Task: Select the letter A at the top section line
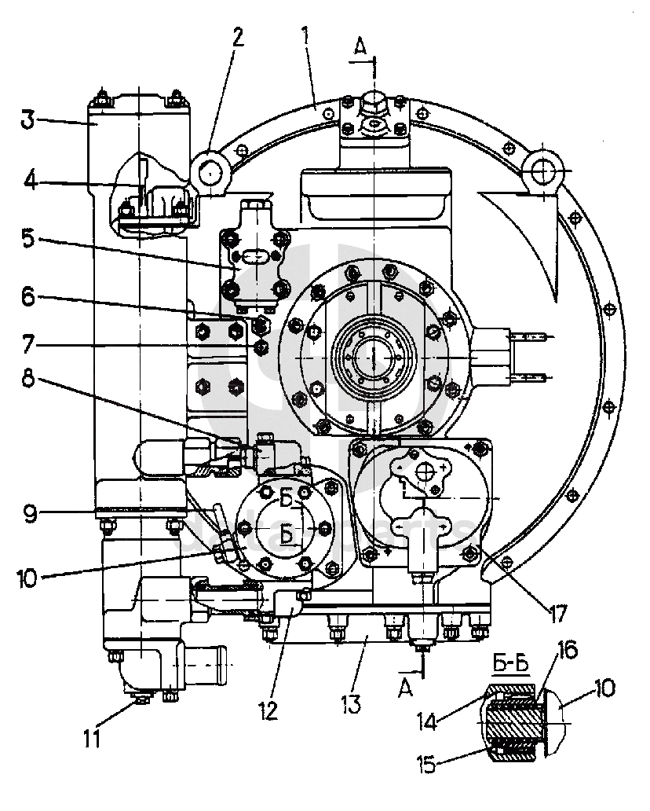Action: tap(360, 48)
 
